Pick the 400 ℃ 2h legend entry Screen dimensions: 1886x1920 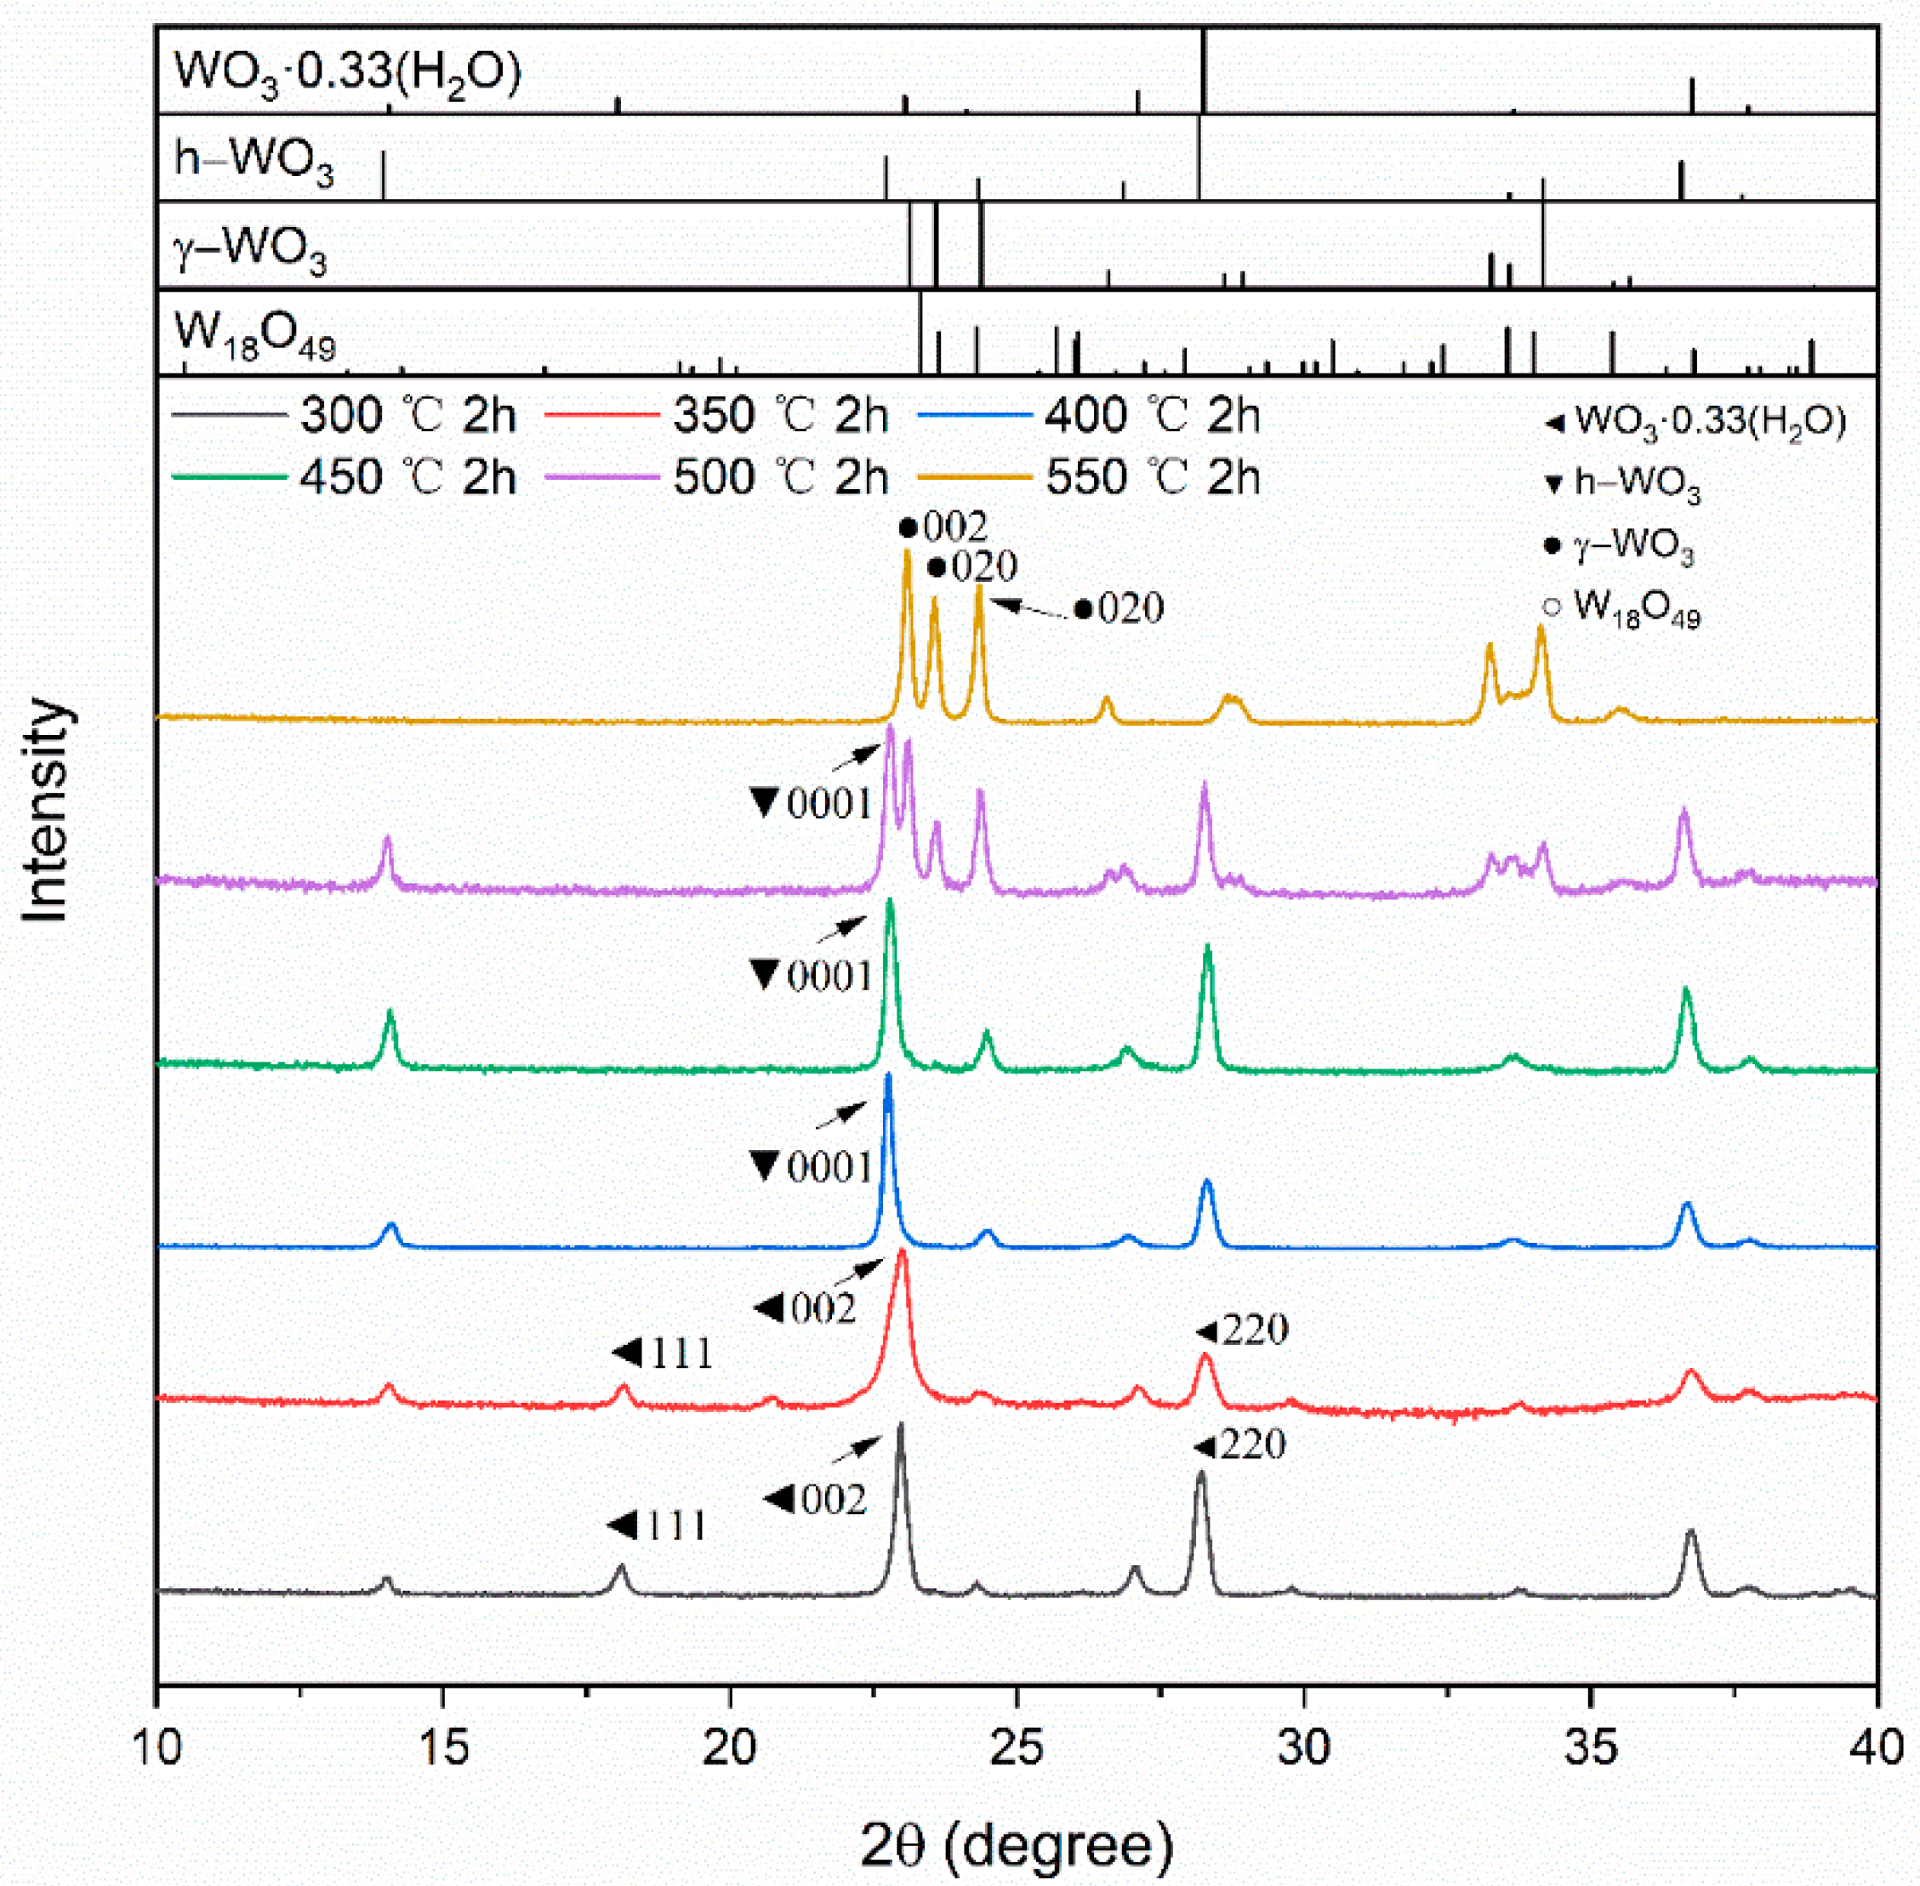[x=1090, y=415]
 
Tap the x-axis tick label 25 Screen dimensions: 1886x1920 [x=1017, y=1747]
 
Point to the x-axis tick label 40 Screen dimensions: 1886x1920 [x=1876, y=1747]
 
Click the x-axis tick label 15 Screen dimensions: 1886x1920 [x=443, y=1747]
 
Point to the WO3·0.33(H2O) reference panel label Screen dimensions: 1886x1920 [x=347, y=72]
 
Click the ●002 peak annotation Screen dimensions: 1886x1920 [x=943, y=528]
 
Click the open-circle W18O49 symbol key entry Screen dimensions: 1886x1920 [x=1621, y=607]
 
